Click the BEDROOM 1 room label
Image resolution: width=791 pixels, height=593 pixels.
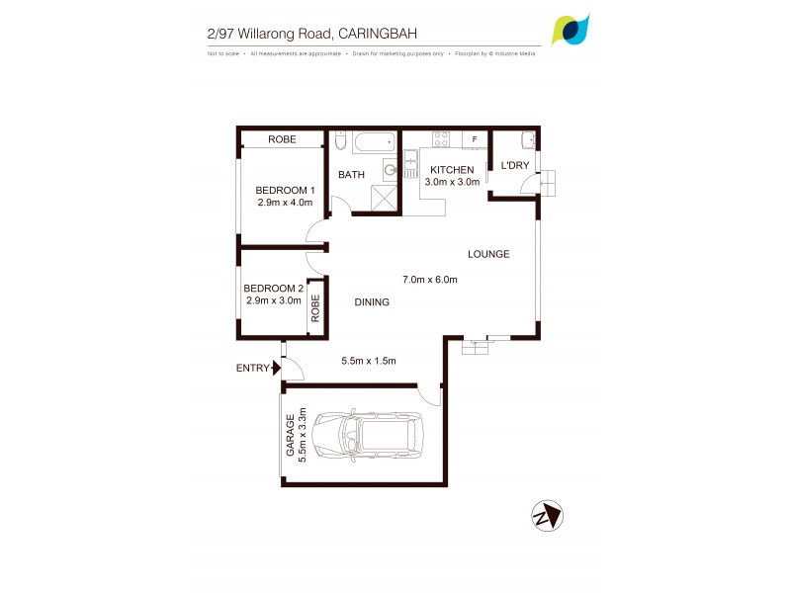pyautogui.click(x=285, y=190)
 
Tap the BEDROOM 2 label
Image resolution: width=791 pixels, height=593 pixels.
pyautogui.click(x=273, y=289)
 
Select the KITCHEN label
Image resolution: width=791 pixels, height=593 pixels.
pyautogui.click(x=452, y=170)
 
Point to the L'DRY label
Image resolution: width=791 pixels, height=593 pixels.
pyautogui.click(x=516, y=165)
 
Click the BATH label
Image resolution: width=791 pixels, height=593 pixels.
pyautogui.click(x=351, y=175)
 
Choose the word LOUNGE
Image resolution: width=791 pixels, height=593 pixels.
pyautogui.click(x=488, y=254)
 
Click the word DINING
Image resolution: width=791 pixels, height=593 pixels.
pyautogui.click(x=372, y=302)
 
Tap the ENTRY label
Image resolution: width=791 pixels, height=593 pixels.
pyautogui.click(x=252, y=369)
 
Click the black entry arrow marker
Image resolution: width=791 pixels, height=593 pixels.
pyautogui.click(x=278, y=369)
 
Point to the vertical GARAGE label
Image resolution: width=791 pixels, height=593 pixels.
pyautogui.click(x=291, y=435)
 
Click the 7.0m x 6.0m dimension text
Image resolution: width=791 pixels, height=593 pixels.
pyautogui.click(x=429, y=280)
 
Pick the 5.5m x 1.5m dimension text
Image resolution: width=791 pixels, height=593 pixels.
pyautogui.click(x=368, y=361)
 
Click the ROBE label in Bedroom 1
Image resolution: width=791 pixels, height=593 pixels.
pyautogui.click(x=283, y=140)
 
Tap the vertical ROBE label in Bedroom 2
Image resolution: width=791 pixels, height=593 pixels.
pyautogui.click(x=316, y=307)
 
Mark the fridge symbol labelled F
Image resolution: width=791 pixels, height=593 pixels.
pyautogui.click(x=475, y=139)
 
